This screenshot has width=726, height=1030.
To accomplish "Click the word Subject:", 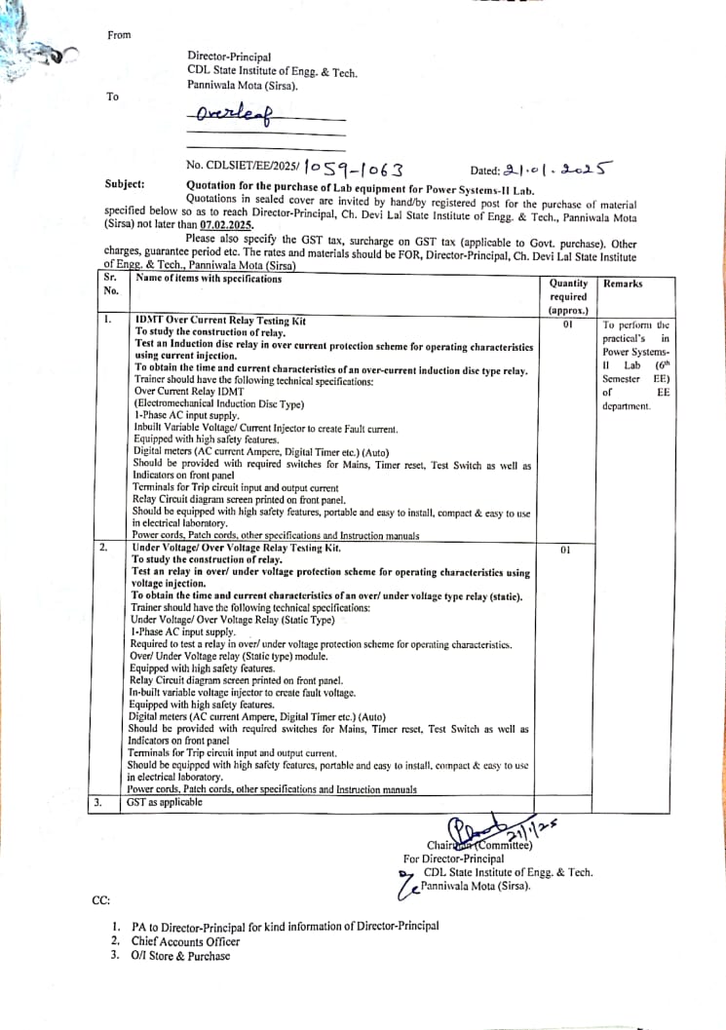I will pos(125,184).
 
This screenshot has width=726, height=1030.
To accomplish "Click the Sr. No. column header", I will pos(112,284).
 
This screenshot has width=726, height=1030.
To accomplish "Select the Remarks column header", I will pos(624,284).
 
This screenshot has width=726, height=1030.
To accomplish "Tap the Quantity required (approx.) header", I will pos(568,296).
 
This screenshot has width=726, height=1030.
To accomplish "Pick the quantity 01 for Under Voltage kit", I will pos(565,552).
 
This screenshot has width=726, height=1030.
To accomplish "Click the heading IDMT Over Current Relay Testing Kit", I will pos(220,320).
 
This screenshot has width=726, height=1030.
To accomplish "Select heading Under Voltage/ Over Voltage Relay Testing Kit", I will pos(237,548).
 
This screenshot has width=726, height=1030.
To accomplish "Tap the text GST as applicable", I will pos(165,802).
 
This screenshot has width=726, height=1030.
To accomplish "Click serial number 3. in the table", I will pos(98,802).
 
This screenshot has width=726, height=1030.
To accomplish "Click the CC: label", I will pos(101,899).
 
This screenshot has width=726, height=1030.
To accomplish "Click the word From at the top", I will pos(119,35).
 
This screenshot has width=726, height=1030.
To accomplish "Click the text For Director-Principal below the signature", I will pos(453,859).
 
